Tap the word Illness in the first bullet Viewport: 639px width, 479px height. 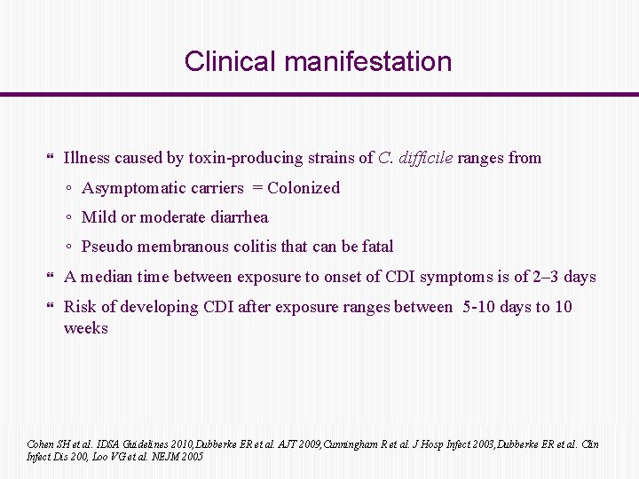click(x=87, y=158)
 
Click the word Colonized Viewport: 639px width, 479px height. click(x=304, y=188)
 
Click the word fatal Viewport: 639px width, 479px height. click(x=375, y=247)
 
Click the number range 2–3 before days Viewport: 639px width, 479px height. click(x=541, y=277)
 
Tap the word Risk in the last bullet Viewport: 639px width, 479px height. click(x=80, y=307)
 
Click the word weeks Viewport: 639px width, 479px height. click(x=86, y=328)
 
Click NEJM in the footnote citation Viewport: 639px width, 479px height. click(x=166, y=456)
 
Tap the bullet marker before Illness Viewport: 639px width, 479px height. click(x=49, y=159)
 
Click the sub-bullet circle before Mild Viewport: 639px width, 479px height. click(x=69, y=218)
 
